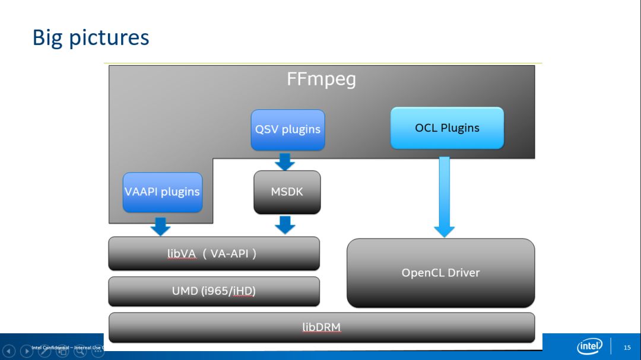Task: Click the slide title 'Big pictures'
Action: coord(90,37)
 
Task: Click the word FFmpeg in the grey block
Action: coord(321,79)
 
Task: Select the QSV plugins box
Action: coord(288,129)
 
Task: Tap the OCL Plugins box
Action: coord(447,128)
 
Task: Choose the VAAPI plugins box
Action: coord(162,192)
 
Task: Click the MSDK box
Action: coord(287,192)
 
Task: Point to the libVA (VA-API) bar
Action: coord(214,254)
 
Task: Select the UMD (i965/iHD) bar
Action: coord(214,291)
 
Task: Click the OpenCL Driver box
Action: coord(440,273)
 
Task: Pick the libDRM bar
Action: coord(322,327)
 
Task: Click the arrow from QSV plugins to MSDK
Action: coord(285,161)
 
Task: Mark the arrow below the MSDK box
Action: coord(285,225)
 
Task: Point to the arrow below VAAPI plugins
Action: coord(160,226)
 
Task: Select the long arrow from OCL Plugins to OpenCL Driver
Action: coord(444,196)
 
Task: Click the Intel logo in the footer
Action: coord(589,346)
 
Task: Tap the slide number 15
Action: coord(627,348)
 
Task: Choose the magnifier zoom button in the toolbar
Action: coord(80,351)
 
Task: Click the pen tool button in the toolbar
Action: coord(45,351)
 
